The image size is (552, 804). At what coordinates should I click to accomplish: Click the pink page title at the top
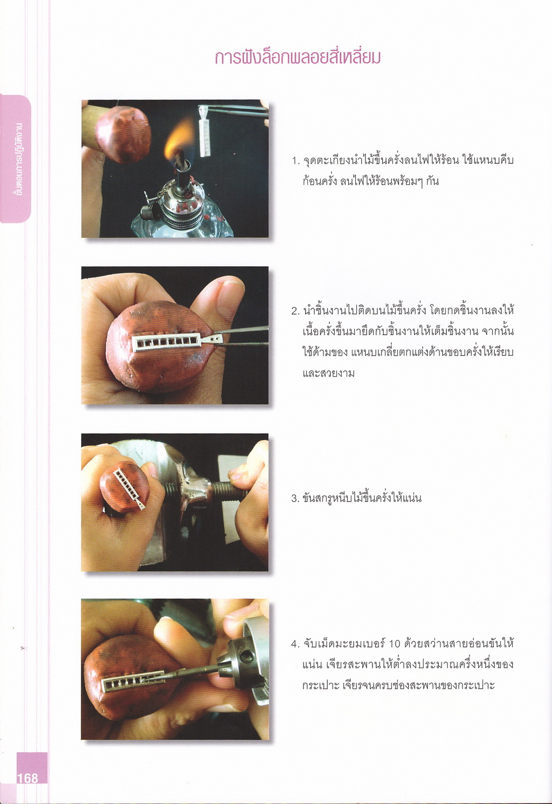[x=298, y=58]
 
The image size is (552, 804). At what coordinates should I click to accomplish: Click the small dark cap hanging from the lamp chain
[x=148, y=212]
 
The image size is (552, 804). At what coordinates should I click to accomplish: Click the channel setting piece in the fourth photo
[x=133, y=681]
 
